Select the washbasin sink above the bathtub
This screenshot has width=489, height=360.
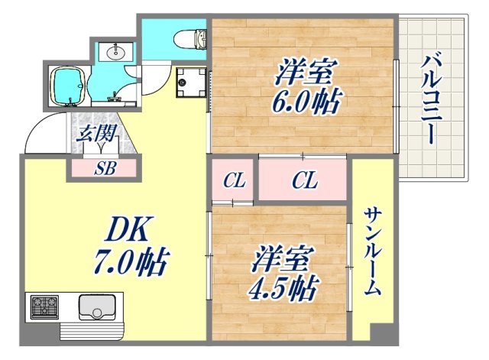tap(116, 52)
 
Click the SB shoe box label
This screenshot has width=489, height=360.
tap(105, 169)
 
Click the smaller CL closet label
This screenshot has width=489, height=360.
tap(233, 182)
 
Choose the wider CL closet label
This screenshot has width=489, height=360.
tap(305, 182)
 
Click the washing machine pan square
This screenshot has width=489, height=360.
tap(189, 81)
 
